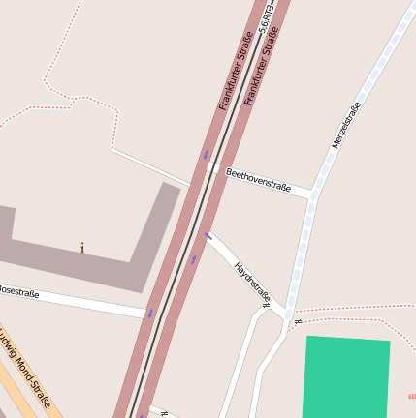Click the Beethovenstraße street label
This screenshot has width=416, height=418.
[x=258, y=180]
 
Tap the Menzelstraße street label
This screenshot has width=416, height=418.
[x=345, y=124]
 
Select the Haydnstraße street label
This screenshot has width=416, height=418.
[x=251, y=284]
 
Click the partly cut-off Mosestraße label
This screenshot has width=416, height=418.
[x=18, y=291]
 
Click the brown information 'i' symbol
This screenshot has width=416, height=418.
[x=82, y=249]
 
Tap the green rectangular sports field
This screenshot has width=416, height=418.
[x=347, y=378]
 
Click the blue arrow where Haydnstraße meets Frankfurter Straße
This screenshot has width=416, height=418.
[x=208, y=236]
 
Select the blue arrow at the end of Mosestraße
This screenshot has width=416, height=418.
[x=150, y=313]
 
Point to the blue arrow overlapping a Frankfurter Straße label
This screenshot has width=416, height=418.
[x=248, y=99]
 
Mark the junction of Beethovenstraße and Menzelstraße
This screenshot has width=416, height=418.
[x=313, y=194]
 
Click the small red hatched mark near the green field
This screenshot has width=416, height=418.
[x=411, y=396]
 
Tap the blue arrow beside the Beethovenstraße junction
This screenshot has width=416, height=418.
[x=206, y=155]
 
